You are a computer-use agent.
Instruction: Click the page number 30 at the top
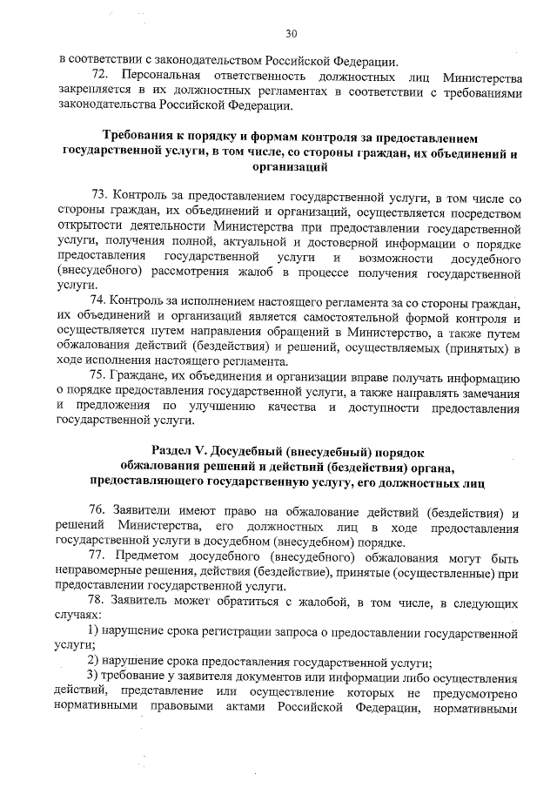pyautogui.click(x=291, y=34)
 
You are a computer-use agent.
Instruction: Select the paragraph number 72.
pyautogui.click(x=100, y=76)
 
